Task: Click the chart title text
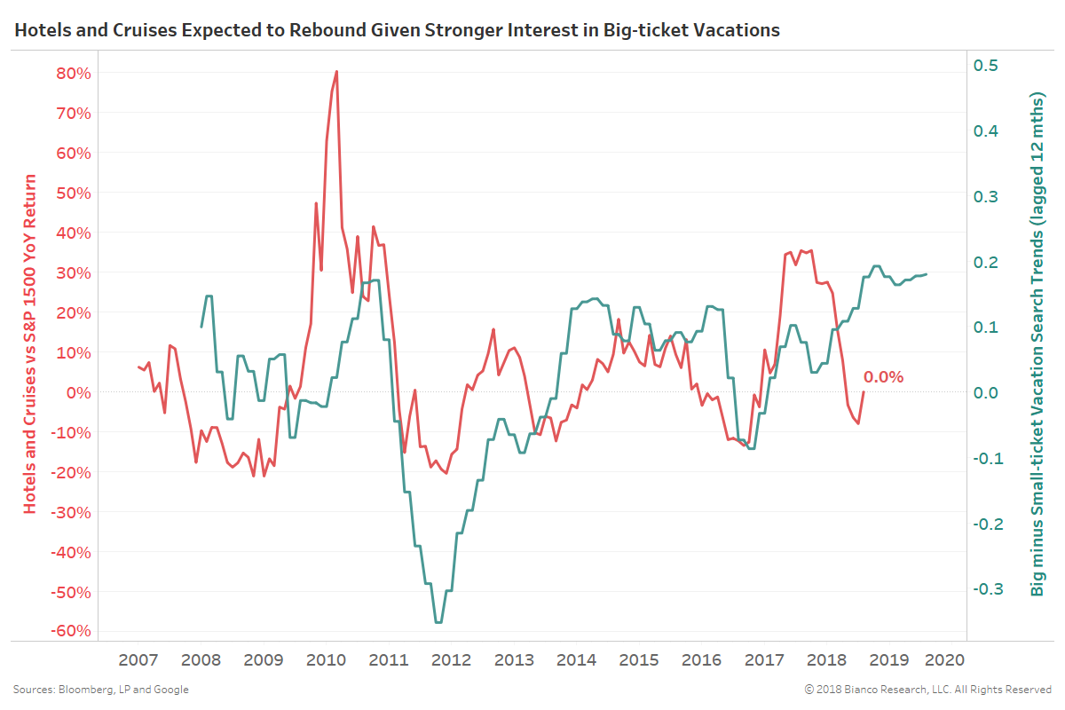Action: pyautogui.click(x=397, y=30)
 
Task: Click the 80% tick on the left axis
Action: pyautogui.click(x=73, y=73)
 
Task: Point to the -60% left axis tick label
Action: pyautogui.click(x=70, y=631)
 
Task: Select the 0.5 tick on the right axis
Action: pyautogui.click(x=987, y=66)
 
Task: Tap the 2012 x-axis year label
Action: pyautogui.click(x=451, y=660)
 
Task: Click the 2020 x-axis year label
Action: pyautogui.click(x=944, y=660)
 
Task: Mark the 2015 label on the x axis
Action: pyautogui.click(x=638, y=660)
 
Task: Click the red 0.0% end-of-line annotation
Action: pyautogui.click(x=883, y=377)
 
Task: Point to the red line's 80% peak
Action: pyautogui.click(x=337, y=71)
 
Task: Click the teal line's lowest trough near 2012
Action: pyautogui.click(x=438, y=622)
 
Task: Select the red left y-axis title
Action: pyautogui.click(x=31, y=343)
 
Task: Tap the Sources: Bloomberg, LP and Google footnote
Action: pyautogui.click(x=100, y=690)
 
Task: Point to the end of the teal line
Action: pyautogui.click(x=927, y=274)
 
